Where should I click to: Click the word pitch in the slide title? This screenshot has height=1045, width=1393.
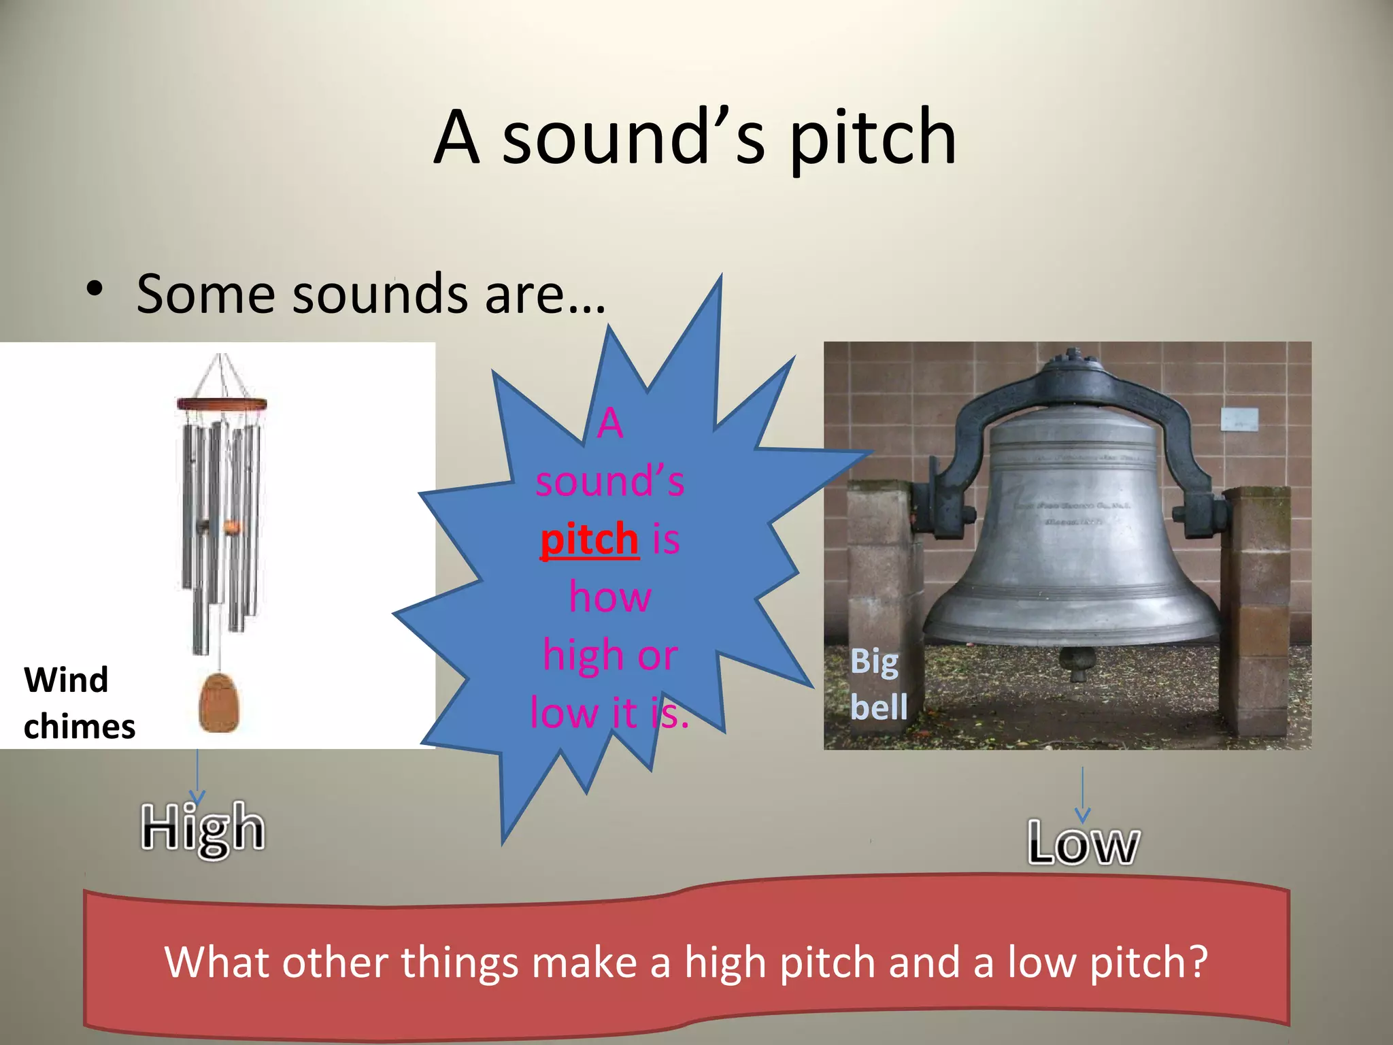(872, 139)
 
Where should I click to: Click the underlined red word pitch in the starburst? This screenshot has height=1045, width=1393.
(589, 540)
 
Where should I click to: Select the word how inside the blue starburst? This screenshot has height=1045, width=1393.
(609, 597)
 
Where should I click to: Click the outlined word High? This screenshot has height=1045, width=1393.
(203, 829)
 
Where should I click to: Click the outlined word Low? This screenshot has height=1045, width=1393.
(1083, 844)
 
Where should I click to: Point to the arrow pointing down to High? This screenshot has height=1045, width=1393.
(197, 776)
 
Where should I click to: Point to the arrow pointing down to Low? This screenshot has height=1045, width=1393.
(1083, 795)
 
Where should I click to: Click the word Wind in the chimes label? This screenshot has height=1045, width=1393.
(66, 680)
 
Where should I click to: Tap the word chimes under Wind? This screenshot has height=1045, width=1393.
(80, 726)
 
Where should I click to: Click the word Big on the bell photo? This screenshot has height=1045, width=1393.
(874, 661)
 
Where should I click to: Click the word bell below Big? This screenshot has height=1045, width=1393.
(879, 707)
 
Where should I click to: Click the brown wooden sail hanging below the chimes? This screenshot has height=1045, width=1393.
(219, 702)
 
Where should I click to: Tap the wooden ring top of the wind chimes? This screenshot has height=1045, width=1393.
(221, 404)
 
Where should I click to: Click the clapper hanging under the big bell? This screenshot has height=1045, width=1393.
(1077, 663)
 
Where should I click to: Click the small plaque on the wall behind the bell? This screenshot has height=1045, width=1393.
(1239, 419)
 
